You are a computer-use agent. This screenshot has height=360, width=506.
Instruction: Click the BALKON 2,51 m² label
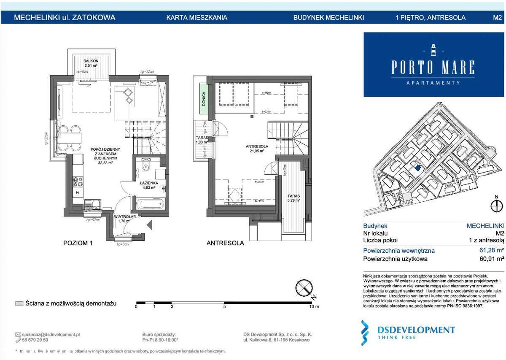click(91, 63)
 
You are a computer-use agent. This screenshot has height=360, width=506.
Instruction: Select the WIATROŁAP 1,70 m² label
click(124, 218)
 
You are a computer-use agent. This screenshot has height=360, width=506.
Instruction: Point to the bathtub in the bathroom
click(150, 204)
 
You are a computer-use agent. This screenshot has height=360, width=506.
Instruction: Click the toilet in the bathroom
click(146, 167)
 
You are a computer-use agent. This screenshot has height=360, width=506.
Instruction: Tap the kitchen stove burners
click(78, 181)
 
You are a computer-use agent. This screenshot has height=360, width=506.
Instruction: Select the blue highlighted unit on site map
click(417, 168)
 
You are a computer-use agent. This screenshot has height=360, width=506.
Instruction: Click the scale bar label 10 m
click(315, 307)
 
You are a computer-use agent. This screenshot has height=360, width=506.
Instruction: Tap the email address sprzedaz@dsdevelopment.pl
click(50, 334)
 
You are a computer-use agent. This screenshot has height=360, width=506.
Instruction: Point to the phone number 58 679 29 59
click(34, 340)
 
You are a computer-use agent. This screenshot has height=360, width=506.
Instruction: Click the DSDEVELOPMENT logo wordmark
click(416, 330)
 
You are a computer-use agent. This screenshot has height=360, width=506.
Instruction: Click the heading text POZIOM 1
click(78, 243)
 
